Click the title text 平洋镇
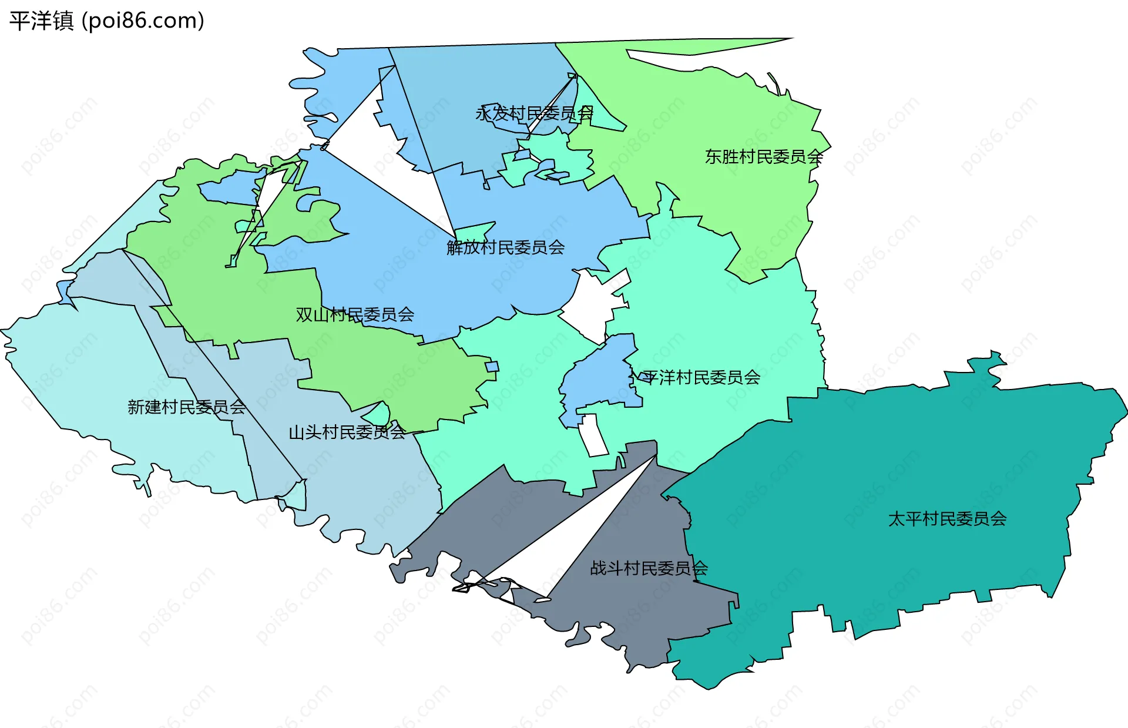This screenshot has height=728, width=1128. (x=41, y=21)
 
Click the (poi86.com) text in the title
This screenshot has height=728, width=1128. (x=143, y=21)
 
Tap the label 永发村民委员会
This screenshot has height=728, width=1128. (x=534, y=113)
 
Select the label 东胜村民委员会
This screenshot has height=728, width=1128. (x=764, y=157)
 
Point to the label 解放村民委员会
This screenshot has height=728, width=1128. (x=505, y=247)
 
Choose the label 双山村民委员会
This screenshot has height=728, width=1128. (x=355, y=315)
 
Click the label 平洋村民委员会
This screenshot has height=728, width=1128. (x=701, y=377)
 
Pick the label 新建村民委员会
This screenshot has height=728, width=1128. (x=187, y=407)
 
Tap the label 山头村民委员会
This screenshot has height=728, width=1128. (x=347, y=432)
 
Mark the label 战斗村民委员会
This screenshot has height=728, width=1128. (x=649, y=568)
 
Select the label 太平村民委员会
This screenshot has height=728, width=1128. (x=947, y=519)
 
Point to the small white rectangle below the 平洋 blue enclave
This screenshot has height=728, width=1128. (x=593, y=435)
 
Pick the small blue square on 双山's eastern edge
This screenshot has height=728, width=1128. (x=492, y=367)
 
